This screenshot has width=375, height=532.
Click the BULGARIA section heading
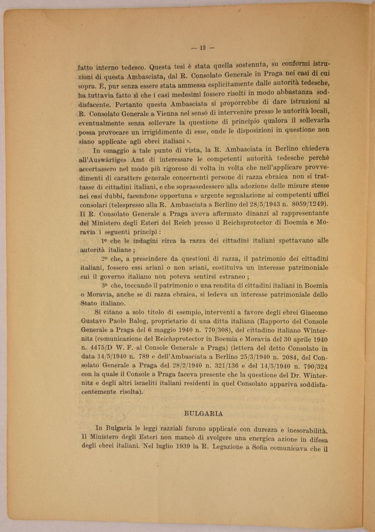click(204, 414)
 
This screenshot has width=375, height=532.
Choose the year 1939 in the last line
click(186, 447)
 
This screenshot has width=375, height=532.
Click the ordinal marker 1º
click(105, 241)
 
